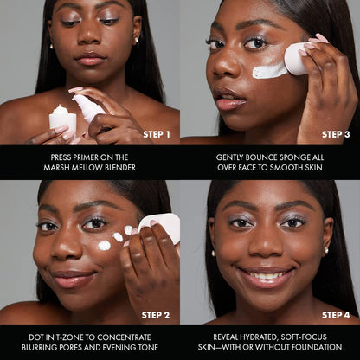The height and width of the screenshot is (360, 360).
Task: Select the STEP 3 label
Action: pyautogui.click(x=336, y=134)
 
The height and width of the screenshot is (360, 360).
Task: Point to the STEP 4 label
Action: pyautogui.click(x=336, y=314)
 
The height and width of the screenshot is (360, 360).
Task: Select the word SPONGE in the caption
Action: pyautogui.click(x=291, y=157)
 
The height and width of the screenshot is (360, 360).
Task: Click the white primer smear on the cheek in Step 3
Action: pyautogui.click(x=269, y=71)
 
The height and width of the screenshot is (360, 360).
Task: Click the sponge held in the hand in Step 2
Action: pyautogui.click(x=161, y=227)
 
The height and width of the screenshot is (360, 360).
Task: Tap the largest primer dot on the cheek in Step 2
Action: pyautogui.click(x=104, y=246)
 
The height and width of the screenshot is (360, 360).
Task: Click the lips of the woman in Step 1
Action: pyautogui.click(x=90, y=58)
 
